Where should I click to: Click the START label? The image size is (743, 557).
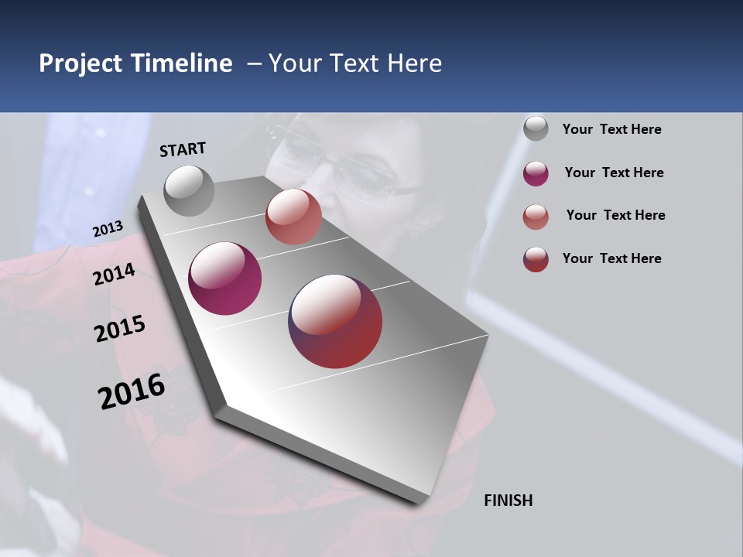pyautogui.click(x=183, y=149)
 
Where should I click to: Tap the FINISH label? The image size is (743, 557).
pyautogui.click(x=508, y=501)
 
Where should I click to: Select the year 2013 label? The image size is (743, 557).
pyautogui.click(x=108, y=229)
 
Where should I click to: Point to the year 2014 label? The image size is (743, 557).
pyautogui.click(x=114, y=274)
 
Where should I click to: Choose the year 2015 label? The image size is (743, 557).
pyautogui.click(x=119, y=329)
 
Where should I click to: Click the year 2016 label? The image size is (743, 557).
pyautogui.click(x=132, y=391)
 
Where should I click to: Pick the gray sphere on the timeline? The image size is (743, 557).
pyautogui.click(x=189, y=190)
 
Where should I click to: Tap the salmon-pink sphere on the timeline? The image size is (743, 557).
pyautogui.click(x=293, y=217)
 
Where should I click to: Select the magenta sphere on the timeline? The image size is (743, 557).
pyautogui.click(x=225, y=278)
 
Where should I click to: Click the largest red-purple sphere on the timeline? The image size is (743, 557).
pyautogui.click(x=336, y=321)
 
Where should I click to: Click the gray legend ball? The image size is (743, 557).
pyautogui.click(x=536, y=129)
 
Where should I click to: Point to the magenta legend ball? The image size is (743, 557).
pyautogui.click(x=536, y=173)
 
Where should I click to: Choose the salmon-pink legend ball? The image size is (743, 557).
pyautogui.click(x=536, y=216)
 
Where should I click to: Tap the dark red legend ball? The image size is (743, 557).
pyautogui.click(x=536, y=259)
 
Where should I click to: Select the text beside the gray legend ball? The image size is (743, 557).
pyautogui.click(x=611, y=129)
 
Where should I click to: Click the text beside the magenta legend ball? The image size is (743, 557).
pyautogui.click(x=614, y=173)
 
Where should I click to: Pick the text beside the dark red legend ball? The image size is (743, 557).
pyautogui.click(x=611, y=258)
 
